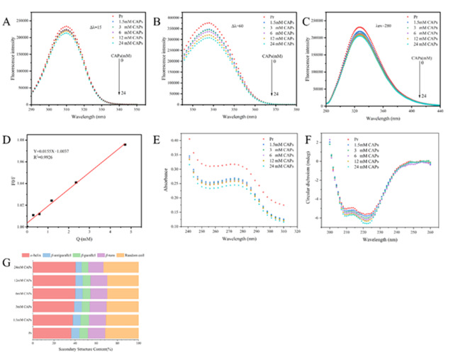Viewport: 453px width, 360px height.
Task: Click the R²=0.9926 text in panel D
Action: tap(46, 159)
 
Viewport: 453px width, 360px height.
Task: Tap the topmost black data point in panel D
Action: tap(125, 145)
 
